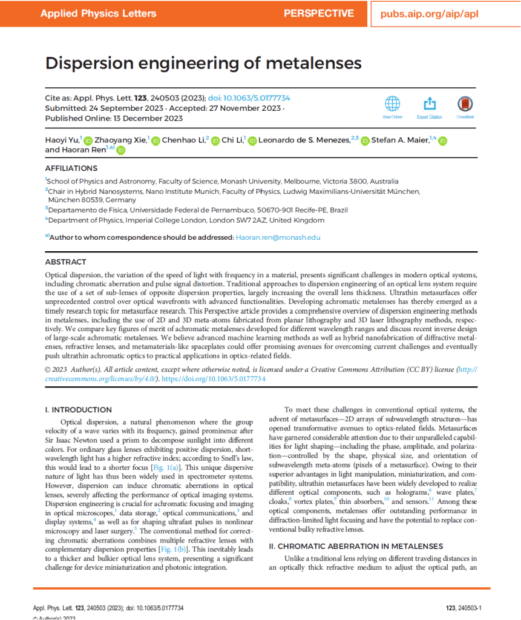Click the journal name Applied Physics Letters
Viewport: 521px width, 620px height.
pyautogui.click(x=98, y=13)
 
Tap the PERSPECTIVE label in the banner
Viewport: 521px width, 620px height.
pyautogui.click(x=318, y=13)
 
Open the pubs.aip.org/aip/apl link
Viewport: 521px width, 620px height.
pyautogui.click(x=429, y=13)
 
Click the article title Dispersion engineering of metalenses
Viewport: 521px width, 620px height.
pyautogui.click(x=203, y=64)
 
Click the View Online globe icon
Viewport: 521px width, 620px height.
pyautogui.click(x=392, y=104)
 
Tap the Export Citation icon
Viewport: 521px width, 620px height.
pyautogui.click(x=429, y=104)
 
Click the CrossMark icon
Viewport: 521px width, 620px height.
pyautogui.click(x=465, y=104)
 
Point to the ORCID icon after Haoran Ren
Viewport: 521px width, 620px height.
pyautogui.click(x=120, y=150)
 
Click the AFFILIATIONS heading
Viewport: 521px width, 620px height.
pyautogui.click(x=71, y=168)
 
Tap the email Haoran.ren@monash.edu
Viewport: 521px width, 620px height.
pyautogui.click(x=278, y=237)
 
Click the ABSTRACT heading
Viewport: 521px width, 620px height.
pyautogui.click(x=66, y=262)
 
